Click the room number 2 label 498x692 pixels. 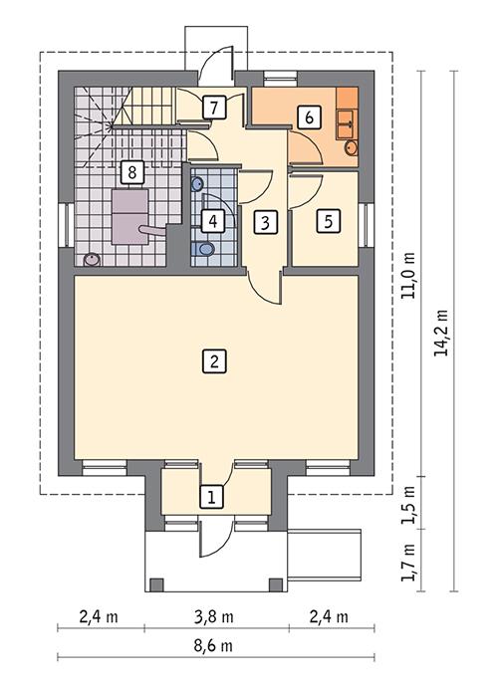(x=212, y=360)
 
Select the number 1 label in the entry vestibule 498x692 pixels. (x=211, y=495)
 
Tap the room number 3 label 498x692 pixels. (x=263, y=221)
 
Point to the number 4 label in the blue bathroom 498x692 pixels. (x=212, y=221)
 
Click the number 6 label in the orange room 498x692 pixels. (x=310, y=116)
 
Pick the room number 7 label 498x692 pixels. (x=212, y=108)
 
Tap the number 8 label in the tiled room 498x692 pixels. (x=130, y=171)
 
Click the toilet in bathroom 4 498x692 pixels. (x=205, y=248)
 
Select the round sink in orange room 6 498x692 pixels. (x=350, y=147)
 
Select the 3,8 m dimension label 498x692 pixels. (x=217, y=616)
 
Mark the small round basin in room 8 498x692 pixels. (x=92, y=258)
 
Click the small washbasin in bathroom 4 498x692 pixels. (x=196, y=184)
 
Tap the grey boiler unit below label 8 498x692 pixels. (x=128, y=215)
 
